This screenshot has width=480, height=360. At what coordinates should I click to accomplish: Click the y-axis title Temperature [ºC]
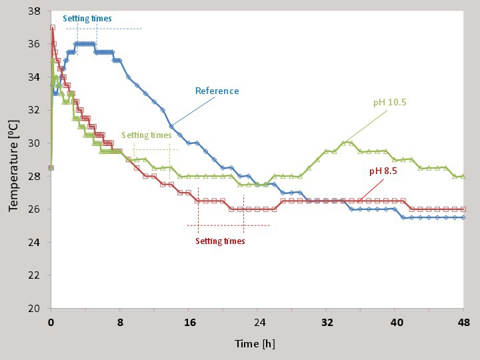coord(14,159)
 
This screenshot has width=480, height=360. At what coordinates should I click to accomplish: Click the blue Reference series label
coord(217,91)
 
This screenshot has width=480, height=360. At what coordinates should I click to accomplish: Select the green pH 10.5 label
coord(390,103)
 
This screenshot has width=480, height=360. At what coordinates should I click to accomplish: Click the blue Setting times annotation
coord(87,19)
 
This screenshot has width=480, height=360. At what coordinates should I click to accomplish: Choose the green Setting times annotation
coord(146,135)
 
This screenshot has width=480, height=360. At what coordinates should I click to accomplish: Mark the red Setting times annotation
coord(220,241)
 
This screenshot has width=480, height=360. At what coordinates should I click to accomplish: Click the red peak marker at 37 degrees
coord(52,28)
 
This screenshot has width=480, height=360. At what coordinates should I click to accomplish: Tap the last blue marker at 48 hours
coord(463,217)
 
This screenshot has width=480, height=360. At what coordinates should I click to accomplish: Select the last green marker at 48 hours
coord(463,176)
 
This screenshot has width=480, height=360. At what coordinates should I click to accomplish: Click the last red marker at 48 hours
coord(463,209)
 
